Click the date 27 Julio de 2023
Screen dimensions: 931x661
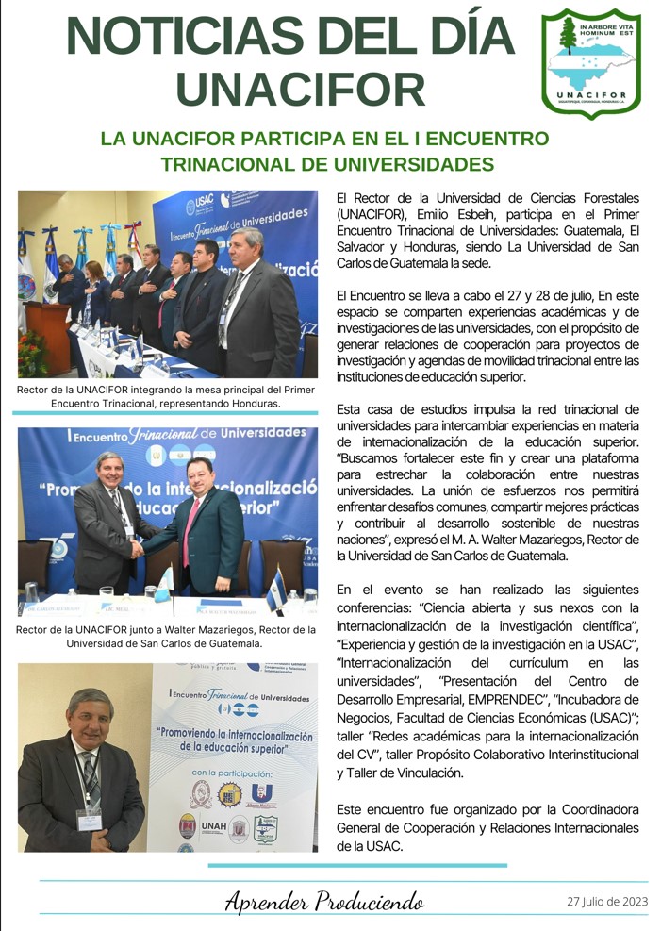(608, 901)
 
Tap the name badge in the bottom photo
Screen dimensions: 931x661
(90, 818)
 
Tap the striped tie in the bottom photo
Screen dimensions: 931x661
(89, 773)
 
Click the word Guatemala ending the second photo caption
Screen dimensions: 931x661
(229, 644)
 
